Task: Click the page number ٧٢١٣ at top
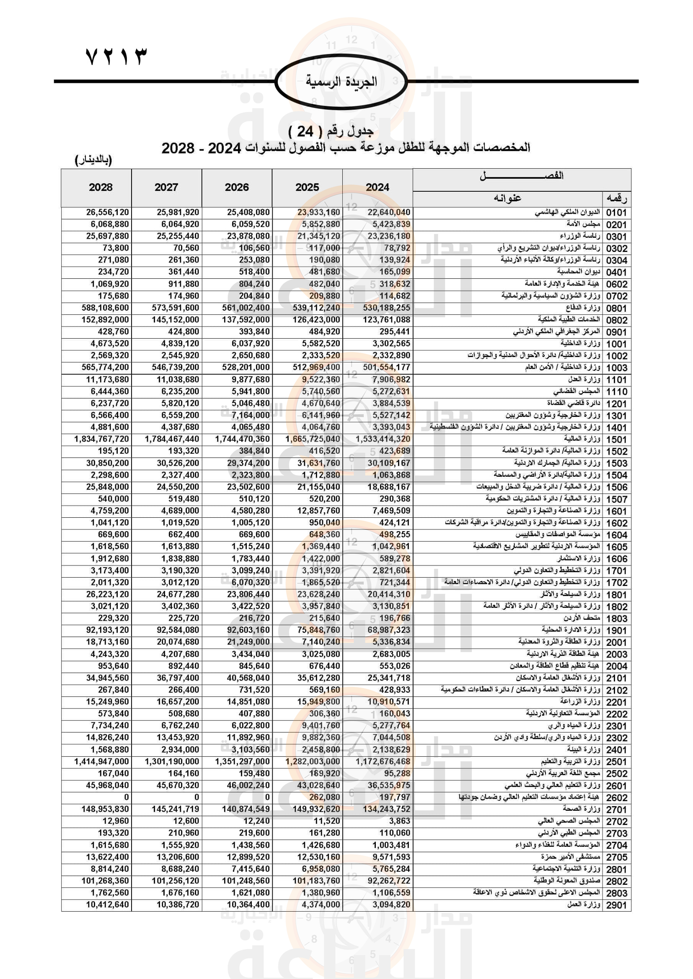pos(116,56)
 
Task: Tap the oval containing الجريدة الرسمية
pos(341,82)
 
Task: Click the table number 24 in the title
pos(305,132)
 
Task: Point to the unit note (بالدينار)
pos(93,160)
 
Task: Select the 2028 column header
pos(101,188)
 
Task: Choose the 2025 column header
pos(307,188)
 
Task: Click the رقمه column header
pos(617,199)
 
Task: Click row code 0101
pos(617,213)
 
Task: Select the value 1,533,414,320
pos(383,439)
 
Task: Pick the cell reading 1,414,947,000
pos(101,761)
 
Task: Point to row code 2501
pos(617,762)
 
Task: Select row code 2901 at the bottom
pos(617,905)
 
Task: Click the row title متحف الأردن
pos(582,618)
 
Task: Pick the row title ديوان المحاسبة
pos(578,272)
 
